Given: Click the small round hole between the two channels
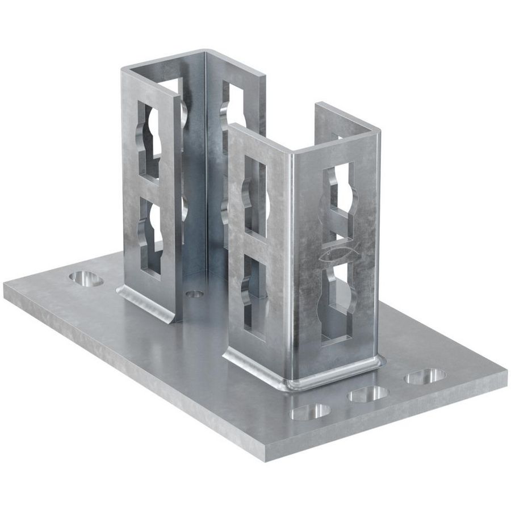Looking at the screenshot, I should click(x=195, y=294).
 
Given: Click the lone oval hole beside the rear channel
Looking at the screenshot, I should click(x=85, y=278).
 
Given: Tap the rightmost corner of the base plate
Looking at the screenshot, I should click(x=504, y=372).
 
